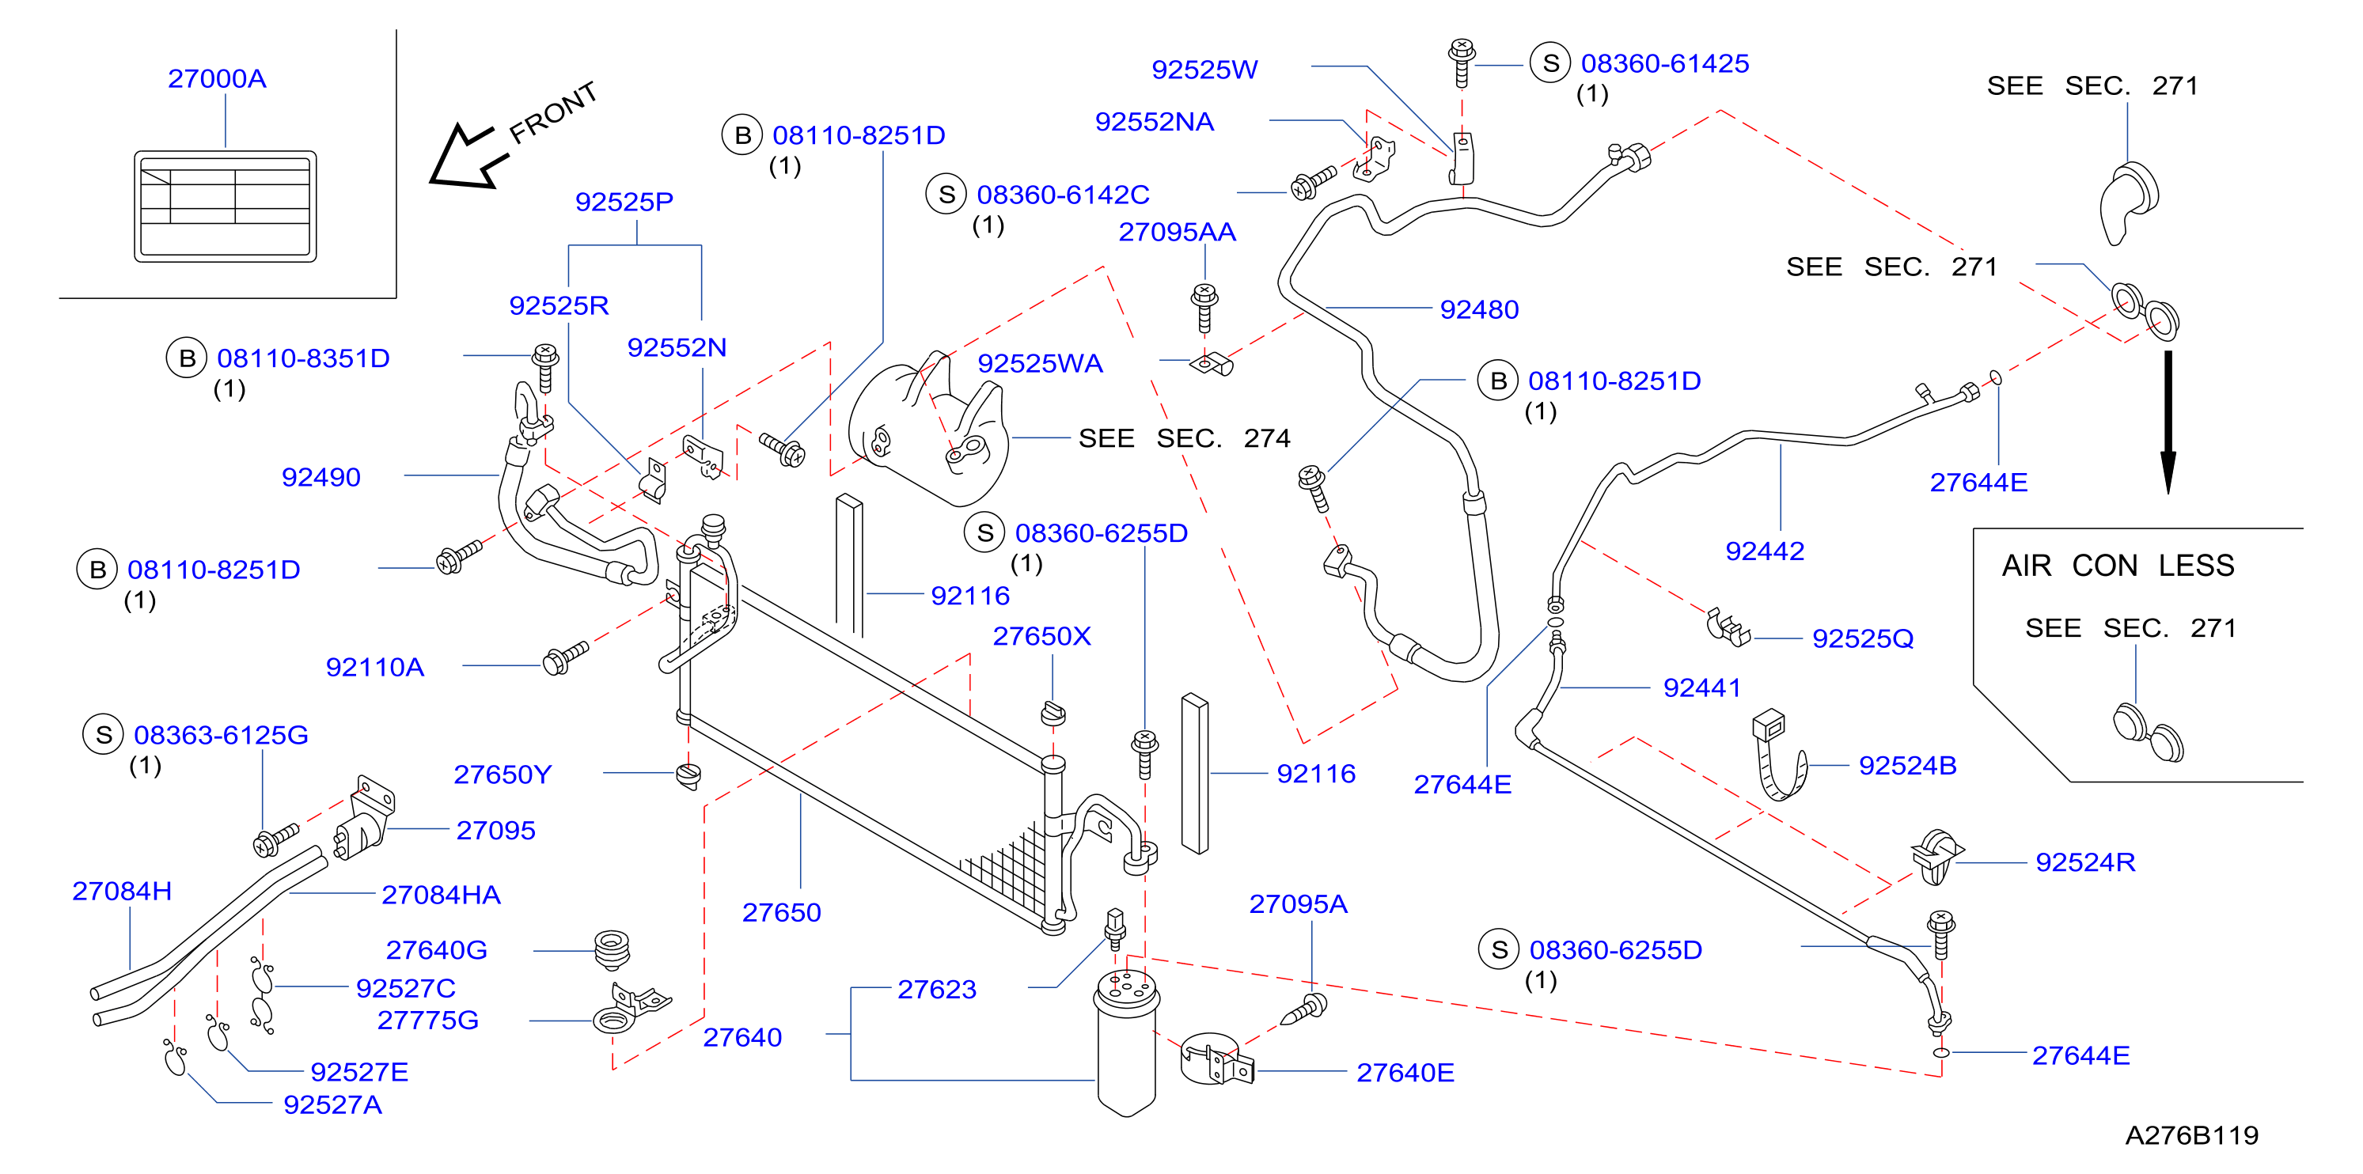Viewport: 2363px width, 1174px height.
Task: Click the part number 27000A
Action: tap(218, 79)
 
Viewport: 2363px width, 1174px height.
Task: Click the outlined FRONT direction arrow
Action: tap(468, 157)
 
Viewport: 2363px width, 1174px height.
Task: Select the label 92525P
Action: tap(624, 202)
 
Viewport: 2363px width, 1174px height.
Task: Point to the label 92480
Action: tap(1479, 310)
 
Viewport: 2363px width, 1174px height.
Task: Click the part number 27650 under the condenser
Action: tap(782, 913)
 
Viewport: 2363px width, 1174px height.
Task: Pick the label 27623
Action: tap(937, 990)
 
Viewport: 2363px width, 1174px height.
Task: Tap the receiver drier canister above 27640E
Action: tap(1126, 1043)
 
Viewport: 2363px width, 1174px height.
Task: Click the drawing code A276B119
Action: tap(2191, 1135)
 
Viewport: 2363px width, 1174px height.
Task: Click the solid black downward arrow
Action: tap(2168, 422)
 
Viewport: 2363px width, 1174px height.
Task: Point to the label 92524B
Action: tap(1907, 766)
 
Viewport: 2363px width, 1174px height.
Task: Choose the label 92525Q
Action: tap(1863, 638)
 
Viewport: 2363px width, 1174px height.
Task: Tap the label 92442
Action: tap(1765, 551)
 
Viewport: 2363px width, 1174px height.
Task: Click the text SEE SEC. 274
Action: tap(1184, 438)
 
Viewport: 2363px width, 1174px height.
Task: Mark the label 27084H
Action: tap(122, 892)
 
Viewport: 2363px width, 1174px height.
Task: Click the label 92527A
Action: tap(333, 1105)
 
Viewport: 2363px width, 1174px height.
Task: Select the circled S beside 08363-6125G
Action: tap(104, 735)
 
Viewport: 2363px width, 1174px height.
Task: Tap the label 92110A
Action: tap(375, 668)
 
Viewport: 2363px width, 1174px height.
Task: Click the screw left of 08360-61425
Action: tap(1462, 61)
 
